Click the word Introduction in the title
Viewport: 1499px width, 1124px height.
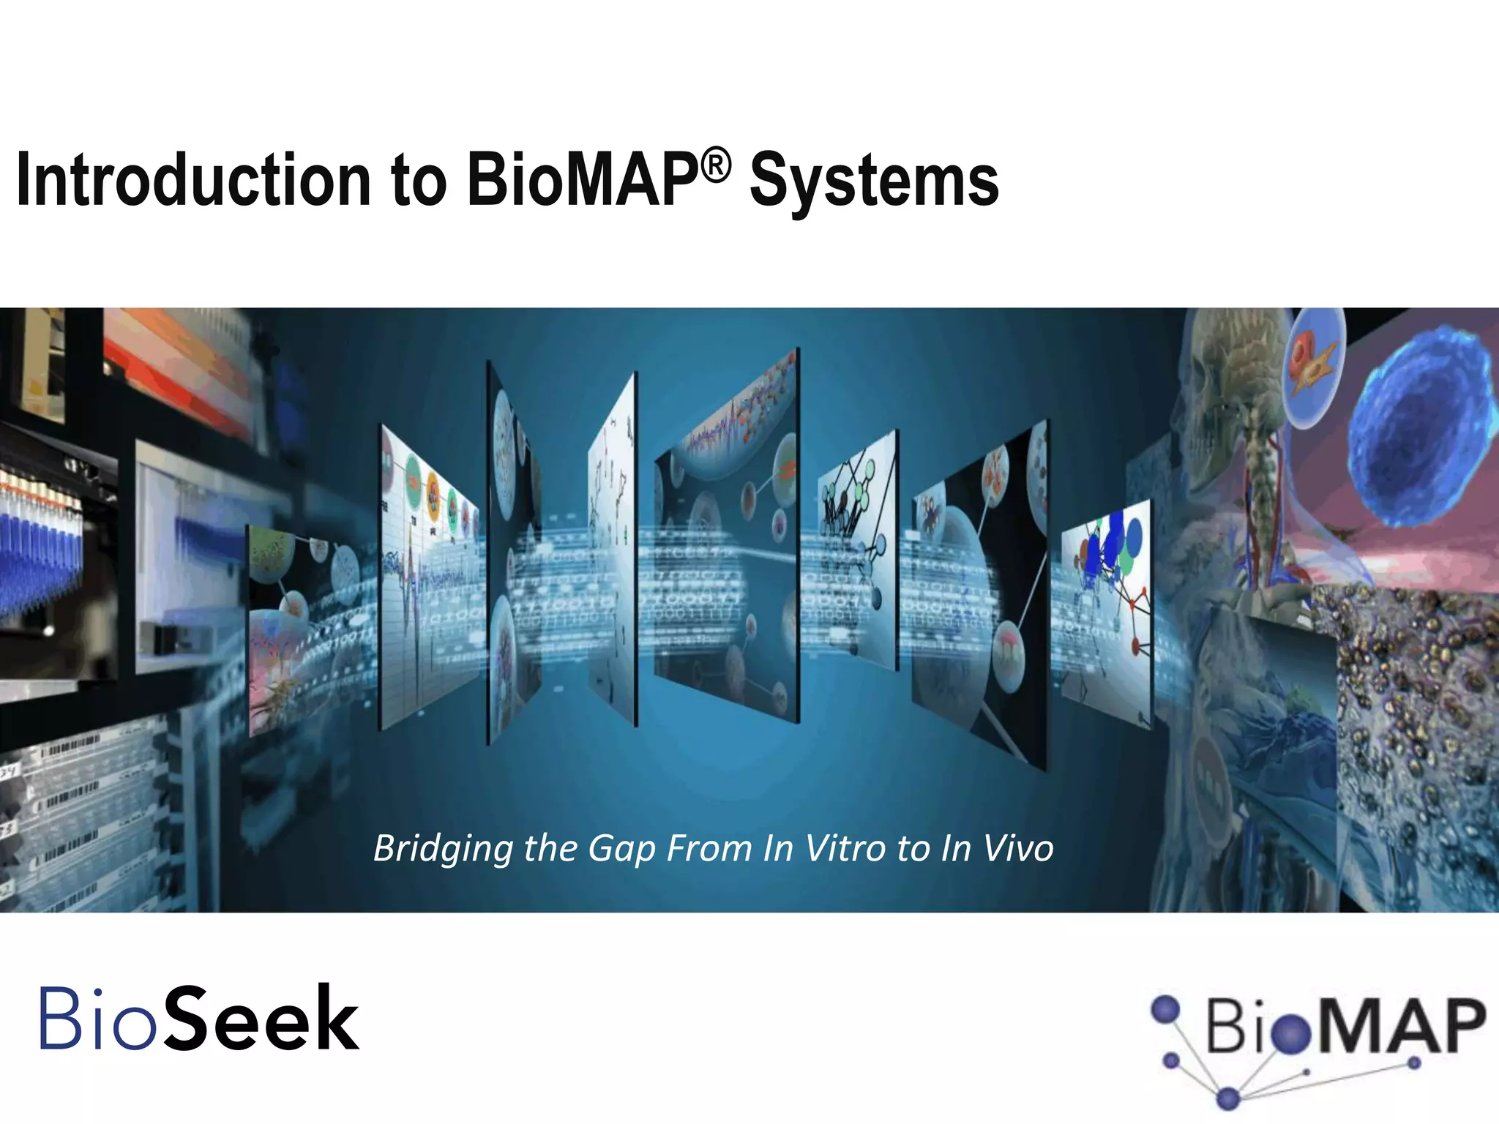[x=193, y=181]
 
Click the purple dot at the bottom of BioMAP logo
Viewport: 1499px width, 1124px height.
[x=1229, y=1098]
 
